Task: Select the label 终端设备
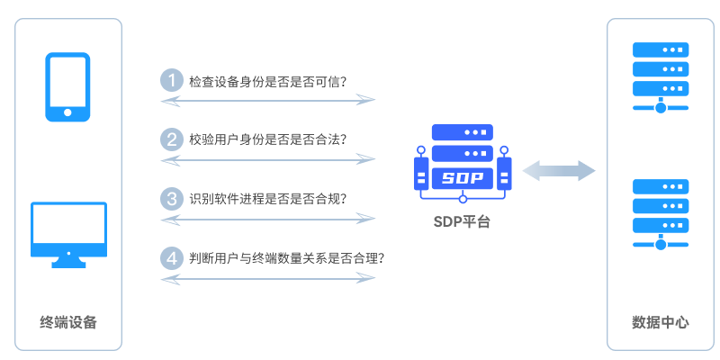tap(68, 321)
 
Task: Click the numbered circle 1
tap(171, 80)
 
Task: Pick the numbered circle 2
tap(171, 139)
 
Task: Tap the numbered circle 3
tap(171, 197)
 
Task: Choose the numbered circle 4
tap(171, 257)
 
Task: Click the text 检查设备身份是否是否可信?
tap(268, 81)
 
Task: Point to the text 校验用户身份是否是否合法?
tap(267, 139)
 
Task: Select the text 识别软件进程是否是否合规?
tap(267, 198)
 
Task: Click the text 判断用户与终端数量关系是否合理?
tap(287, 258)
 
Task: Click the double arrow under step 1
tap(267, 101)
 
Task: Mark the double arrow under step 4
tap(267, 278)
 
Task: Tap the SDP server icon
tap(463, 163)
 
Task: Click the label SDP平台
tap(463, 221)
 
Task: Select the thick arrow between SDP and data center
tap(559, 169)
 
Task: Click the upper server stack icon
tap(661, 76)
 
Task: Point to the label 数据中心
tap(661, 321)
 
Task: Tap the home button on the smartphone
tap(68, 113)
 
